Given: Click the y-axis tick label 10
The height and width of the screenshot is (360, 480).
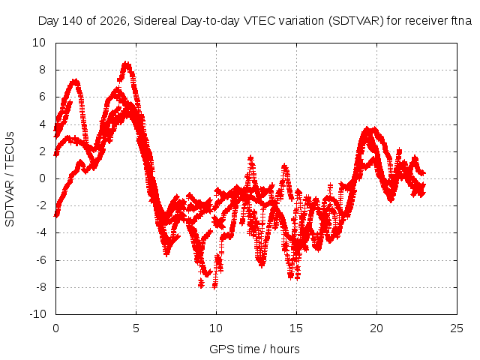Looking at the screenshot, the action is point(39,43).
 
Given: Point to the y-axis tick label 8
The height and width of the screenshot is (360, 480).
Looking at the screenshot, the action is point(42,70).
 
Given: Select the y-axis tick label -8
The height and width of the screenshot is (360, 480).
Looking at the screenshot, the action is point(40,287).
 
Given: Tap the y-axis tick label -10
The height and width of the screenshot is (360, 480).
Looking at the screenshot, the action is point(37,314).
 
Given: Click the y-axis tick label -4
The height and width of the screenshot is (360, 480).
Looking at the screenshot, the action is point(40,233).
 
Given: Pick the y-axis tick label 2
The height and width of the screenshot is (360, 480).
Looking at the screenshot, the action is point(42,151).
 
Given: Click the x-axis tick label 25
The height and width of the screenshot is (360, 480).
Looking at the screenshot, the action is point(457,328).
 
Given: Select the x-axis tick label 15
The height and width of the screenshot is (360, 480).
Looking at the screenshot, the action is point(296,328).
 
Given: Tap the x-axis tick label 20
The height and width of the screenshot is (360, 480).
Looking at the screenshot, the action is point(376,328).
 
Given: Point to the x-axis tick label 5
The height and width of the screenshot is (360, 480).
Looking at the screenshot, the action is point(136,328).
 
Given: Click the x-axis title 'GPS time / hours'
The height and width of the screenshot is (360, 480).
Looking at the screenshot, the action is point(254,349).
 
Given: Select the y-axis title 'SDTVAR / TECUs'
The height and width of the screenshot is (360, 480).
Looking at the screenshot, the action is point(10,179).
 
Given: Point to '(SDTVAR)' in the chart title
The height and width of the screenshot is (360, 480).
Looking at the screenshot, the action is point(356,21).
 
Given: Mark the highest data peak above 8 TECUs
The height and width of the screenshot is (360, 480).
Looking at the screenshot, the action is point(126,64).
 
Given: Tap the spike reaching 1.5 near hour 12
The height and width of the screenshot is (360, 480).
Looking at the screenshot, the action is point(251,158).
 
